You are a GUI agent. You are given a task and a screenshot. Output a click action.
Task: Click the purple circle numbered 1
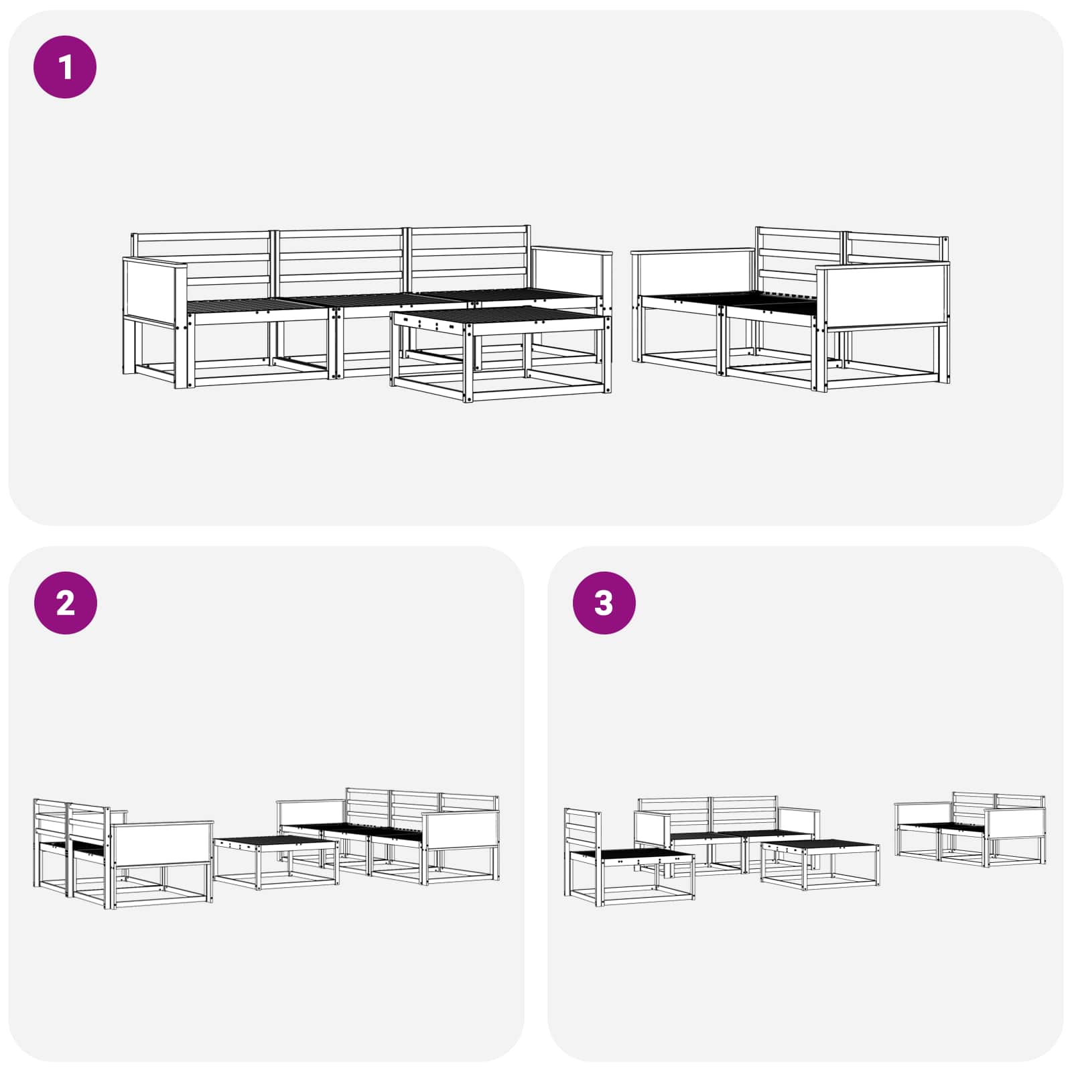coord(65,67)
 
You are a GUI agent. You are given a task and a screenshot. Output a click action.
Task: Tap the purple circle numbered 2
coord(65,603)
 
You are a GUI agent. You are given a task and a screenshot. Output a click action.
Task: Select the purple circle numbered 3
coord(604,603)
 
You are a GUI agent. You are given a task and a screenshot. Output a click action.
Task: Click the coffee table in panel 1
coord(501,352)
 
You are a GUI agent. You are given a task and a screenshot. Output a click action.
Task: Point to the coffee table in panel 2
coord(275,862)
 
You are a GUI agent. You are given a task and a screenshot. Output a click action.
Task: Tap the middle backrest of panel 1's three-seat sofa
coord(340,261)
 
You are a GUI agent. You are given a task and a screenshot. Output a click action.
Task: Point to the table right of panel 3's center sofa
coord(820,865)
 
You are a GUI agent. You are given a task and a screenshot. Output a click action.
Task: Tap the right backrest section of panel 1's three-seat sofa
coord(470,258)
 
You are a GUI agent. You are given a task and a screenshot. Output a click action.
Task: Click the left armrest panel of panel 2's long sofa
coord(312,813)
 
